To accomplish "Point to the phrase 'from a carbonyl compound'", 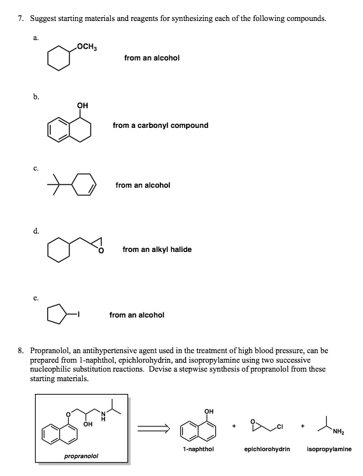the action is point(160,125).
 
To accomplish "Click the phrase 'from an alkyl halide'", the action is point(157,249).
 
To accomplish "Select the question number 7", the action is point(20,18).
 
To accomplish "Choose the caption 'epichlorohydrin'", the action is point(267,449).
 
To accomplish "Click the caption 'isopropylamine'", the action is point(329,449).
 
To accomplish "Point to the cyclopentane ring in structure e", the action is point(55,313).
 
